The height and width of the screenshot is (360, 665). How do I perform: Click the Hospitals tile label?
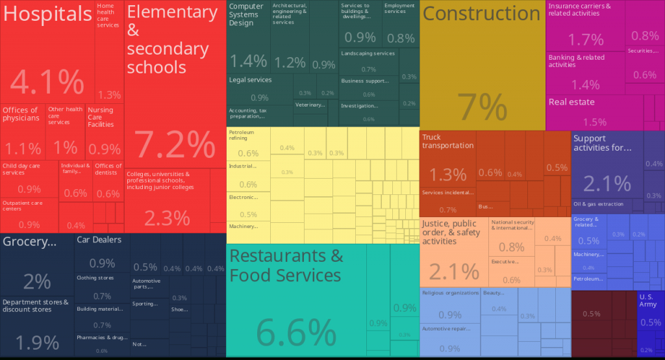click(x=47, y=14)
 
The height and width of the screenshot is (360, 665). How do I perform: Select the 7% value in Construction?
click(x=482, y=107)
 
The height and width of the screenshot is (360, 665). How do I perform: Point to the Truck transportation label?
click(x=447, y=141)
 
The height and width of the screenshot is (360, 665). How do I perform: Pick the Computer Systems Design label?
click(x=246, y=15)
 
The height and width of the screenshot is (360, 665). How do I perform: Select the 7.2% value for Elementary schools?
click(x=174, y=144)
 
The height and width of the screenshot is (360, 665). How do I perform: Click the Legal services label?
click(x=250, y=80)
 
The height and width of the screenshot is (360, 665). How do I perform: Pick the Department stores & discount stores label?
click(x=36, y=305)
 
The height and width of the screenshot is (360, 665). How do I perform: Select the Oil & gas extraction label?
click(x=598, y=204)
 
